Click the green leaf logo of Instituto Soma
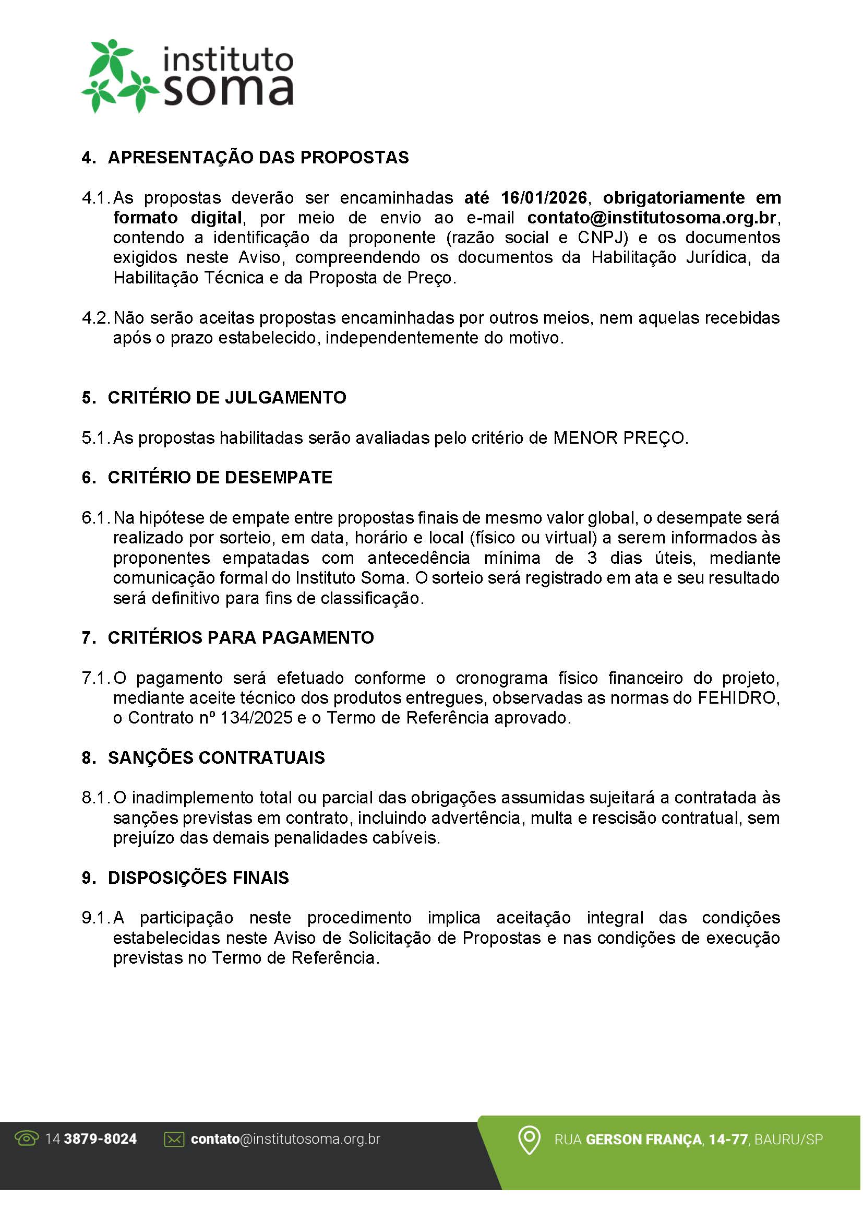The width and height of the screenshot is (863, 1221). [118, 76]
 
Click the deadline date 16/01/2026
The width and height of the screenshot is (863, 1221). [544, 198]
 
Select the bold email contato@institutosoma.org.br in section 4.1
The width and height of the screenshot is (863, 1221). [652, 218]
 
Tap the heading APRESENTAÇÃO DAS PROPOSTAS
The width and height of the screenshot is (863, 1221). [258, 158]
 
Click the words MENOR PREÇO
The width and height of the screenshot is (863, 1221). [620, 438]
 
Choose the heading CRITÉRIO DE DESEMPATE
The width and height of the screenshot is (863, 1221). [220, 478]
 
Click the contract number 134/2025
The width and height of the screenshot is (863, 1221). [256, 718]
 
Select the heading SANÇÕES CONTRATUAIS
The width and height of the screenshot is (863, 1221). [217, 758]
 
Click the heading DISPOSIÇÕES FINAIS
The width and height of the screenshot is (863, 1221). [198, 878]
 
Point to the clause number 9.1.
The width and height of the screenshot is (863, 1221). [95, 918]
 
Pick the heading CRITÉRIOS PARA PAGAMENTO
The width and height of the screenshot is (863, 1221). [241, 637]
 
